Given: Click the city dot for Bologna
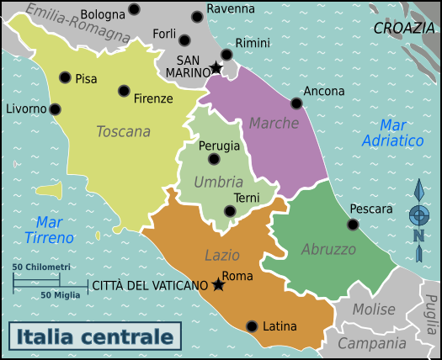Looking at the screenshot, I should click(134, 10).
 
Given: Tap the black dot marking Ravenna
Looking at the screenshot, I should click(197, 16).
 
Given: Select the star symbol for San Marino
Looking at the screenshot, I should click(216, 67).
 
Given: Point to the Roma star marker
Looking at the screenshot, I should click(219, 285).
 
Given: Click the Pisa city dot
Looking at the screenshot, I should click(65, 77).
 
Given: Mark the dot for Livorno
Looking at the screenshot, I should click(55, 109).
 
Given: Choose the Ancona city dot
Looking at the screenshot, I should click(296, 103).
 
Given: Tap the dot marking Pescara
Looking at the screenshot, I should click(353, 225).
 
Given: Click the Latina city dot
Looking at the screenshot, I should click(252, 326).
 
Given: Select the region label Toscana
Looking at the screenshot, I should click(123, 131).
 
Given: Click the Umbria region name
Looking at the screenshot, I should click(218, 182).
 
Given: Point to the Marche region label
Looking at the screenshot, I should click(274, 124).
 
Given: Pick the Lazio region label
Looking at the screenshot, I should click(222, 255).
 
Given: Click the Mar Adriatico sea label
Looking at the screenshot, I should click(392, 133).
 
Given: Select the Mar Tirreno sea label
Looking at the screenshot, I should click(55, 230).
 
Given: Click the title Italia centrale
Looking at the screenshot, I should click(95, 337).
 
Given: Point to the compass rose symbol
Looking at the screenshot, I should click(418, 215).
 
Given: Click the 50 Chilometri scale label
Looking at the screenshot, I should click(41, 267).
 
